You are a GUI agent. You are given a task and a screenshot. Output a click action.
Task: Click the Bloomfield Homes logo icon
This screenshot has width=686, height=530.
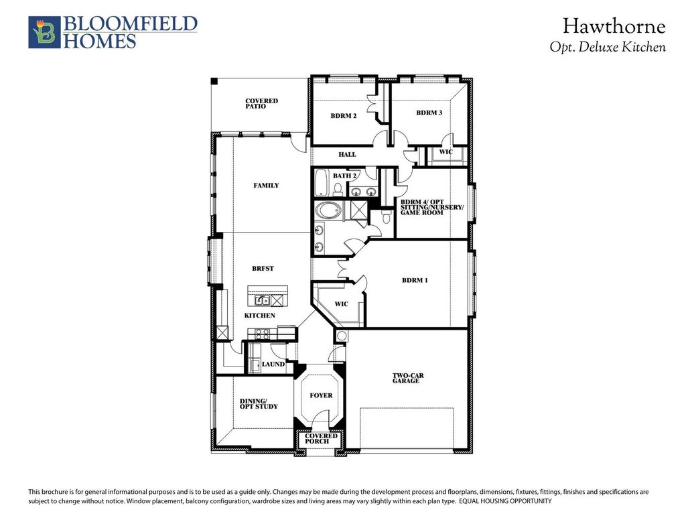point(44,32)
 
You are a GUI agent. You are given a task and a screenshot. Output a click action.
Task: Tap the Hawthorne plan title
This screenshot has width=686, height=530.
point(614,26)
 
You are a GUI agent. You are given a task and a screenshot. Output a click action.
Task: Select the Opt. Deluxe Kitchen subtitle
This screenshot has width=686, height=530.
point(608,48)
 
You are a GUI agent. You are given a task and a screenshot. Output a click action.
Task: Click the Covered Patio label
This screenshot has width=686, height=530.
point(262,104)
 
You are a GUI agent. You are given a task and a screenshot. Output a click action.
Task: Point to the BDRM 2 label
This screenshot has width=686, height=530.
point(344,116)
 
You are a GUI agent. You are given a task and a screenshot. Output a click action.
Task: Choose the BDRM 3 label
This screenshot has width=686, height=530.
point(429,113)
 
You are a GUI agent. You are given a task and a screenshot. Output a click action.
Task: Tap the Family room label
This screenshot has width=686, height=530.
point(266,186)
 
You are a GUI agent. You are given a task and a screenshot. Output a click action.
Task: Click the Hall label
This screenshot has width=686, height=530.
point(347,155)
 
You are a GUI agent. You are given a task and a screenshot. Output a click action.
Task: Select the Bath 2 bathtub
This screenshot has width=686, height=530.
point(321,183)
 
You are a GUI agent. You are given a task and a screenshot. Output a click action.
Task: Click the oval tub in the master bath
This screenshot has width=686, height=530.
point(328,211)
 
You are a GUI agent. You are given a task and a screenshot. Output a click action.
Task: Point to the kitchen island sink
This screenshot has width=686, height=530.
point(263,301)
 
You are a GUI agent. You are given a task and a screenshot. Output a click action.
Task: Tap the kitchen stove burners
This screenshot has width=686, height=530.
point(262,335)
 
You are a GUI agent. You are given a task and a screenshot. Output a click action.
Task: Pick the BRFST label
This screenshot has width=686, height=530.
point(263,269)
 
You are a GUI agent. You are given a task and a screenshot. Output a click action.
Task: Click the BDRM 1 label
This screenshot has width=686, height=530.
point(415,281)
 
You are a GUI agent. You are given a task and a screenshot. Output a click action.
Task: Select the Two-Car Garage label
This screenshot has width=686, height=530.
point(408,379)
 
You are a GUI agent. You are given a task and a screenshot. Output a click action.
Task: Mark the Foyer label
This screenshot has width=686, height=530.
point(321,395)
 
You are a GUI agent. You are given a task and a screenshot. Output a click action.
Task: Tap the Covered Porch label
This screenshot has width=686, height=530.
point(321,438)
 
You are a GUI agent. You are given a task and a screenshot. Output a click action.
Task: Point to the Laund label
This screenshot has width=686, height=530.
point(273,364)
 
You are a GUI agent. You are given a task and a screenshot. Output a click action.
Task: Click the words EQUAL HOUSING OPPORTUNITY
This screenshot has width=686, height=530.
point(505,502)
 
